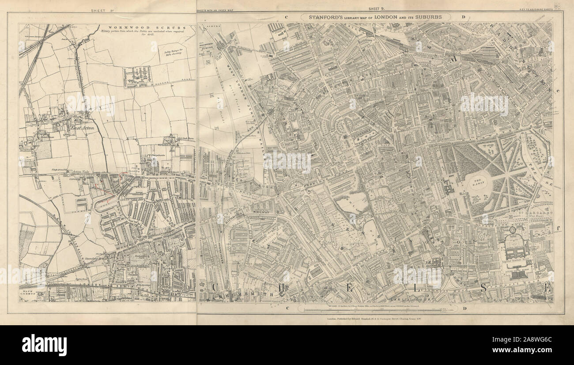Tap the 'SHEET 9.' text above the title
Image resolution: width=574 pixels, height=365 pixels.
pyautogui.click(x=378, y=9)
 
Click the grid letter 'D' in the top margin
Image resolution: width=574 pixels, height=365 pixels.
pyautogui.click(x=463, y=17)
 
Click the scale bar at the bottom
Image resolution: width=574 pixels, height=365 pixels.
pyautogui.click(x=375, y=310)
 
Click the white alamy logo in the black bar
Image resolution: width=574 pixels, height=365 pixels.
pyautogui.click(x=45, y=345)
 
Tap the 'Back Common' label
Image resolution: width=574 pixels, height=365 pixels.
pyautogui.click(x=27, y=294)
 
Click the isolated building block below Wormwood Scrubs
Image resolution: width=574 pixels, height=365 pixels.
pyautogui.click(x=138, y=77)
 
